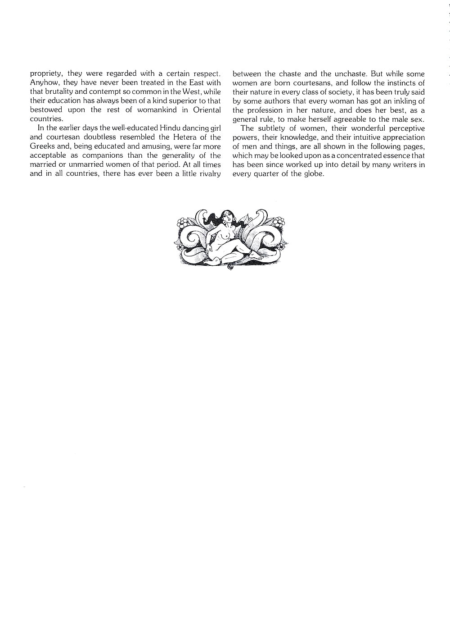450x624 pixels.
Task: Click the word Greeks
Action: pos(42,146)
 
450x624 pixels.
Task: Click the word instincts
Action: pos(399,83)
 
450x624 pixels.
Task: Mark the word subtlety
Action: pos(271,128)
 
